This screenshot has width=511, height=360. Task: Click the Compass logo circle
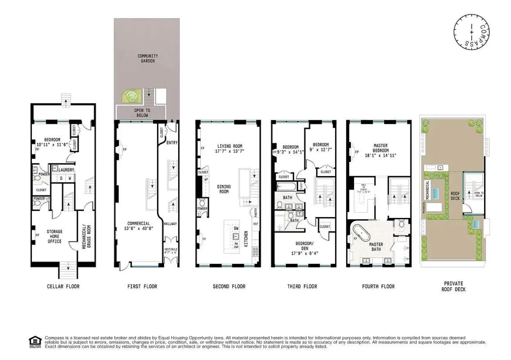pyautogui.click(x=472, y=33)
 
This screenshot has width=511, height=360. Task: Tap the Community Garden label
pyautogui.click(x=147, y=58)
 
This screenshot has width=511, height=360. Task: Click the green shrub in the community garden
pyautogui.click(x=130, y=97)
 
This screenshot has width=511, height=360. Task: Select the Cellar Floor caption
pyautogui.click(x=63, y=286)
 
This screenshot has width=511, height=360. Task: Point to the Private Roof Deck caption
pyautogui.click(x=453, y=286)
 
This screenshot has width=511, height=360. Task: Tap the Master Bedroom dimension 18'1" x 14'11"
pyautogui.click(x=381, y=156)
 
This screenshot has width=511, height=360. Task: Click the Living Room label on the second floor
pyautogui.click(x=229, y=146)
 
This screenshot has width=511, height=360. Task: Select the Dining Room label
pyautogui.click(x=224, y=189)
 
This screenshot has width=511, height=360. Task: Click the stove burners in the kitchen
pyautogui.click(x=255, y=252)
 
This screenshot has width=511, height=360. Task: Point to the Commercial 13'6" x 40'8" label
pyautogui.click(x=138, y=226)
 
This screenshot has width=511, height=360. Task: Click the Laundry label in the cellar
pyautogui.click(x=66, y=170)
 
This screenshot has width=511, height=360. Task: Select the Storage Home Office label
pyautogui.click(x=54, y=236)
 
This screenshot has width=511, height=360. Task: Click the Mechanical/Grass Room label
pyautogui.click(x=86, y=237)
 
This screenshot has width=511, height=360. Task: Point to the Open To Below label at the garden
pyautogui.click(x=142, y=113)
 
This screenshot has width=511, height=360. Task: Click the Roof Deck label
pyautogui.click(x=455, y=196)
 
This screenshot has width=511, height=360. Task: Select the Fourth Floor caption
pyautogui.click(x=378, y=286)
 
